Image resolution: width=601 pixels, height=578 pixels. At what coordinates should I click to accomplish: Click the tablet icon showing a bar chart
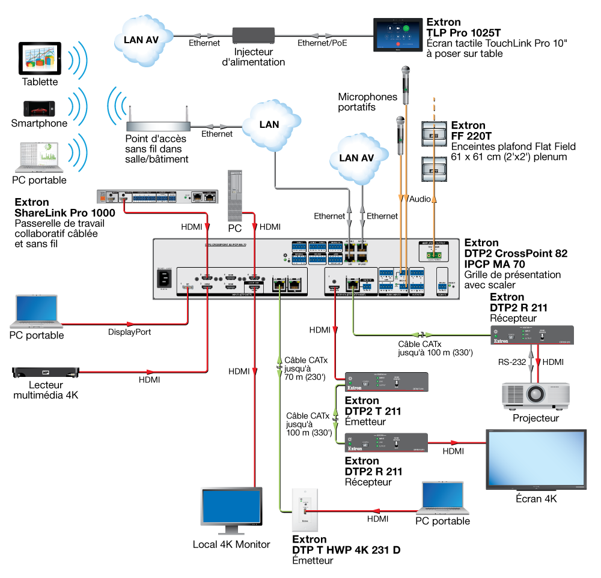(x=40, y=58)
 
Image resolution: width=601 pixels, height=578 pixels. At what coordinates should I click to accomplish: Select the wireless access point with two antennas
(x=158, y=124)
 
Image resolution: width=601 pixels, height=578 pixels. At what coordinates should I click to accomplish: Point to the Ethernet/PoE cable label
(x=322, y=43)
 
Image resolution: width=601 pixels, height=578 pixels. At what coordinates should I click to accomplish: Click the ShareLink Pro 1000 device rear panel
(x=156, y=196)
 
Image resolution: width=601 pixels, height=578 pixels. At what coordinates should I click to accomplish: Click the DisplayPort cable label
(x=129, y=331)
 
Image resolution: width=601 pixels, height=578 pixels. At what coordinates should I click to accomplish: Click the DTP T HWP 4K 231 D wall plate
(x=305, y=510)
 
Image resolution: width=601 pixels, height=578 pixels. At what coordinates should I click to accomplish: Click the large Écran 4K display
(x=535, y=459)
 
